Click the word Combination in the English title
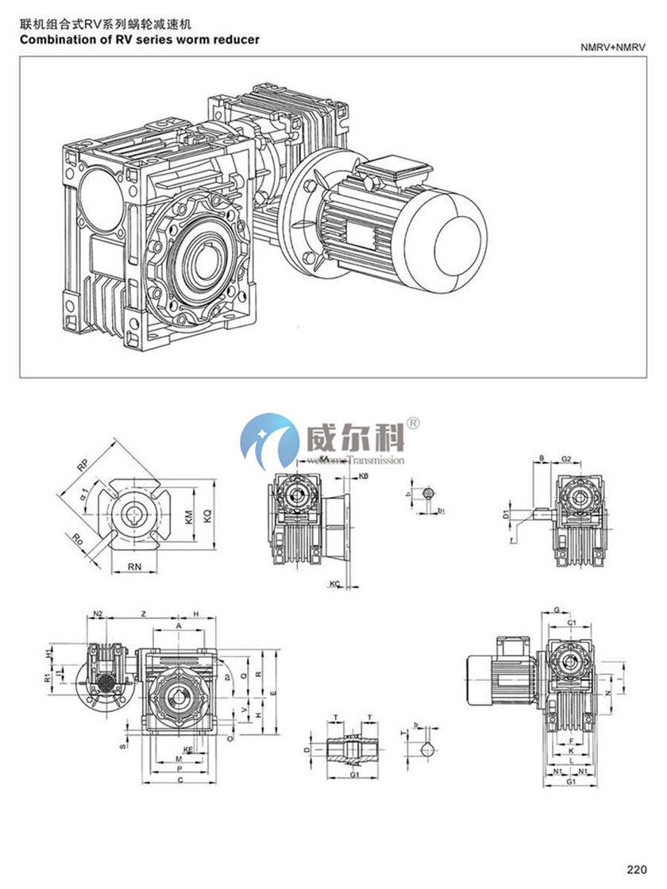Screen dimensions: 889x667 pos(52,39)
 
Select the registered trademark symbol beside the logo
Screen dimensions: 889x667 pos(413,422)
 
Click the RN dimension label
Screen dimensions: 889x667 pos(136,567)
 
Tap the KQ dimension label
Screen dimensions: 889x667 pos(208,516)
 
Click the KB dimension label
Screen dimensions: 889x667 pos(363,475)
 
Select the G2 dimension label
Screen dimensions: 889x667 pos(567,459)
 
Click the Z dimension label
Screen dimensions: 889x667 pos(142,614)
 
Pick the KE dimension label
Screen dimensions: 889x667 pos(188,749)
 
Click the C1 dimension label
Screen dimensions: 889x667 pos(572,623)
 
